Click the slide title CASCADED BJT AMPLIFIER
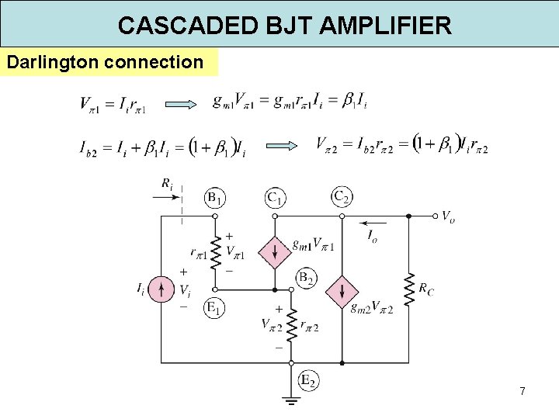tap(284, 25)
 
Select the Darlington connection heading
tap(105, 61)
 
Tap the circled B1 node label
tap(215, 199)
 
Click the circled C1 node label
tap(274, 199)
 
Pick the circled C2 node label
tap(341, 198)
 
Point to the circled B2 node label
tap(307, 277)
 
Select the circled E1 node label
tap(215, 308)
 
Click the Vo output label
tap(449, 216)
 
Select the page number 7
tap(523, 392)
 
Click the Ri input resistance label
tap(167, 184)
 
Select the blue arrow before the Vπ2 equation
tap(284, 145)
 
